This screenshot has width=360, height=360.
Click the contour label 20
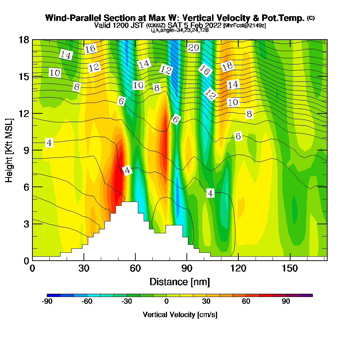(194, 48)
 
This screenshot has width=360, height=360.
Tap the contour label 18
(228, 66)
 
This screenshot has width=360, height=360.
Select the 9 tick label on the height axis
(24, 150)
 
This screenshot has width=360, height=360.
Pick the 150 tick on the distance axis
(289, 260)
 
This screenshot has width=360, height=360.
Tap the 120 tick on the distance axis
(238, 260)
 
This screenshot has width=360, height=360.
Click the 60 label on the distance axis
(135, 268)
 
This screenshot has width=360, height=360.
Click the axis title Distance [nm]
(180, 282)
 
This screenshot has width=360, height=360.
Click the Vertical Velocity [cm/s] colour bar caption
(180, 315)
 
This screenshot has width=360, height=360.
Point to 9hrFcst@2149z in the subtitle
(244, 26)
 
